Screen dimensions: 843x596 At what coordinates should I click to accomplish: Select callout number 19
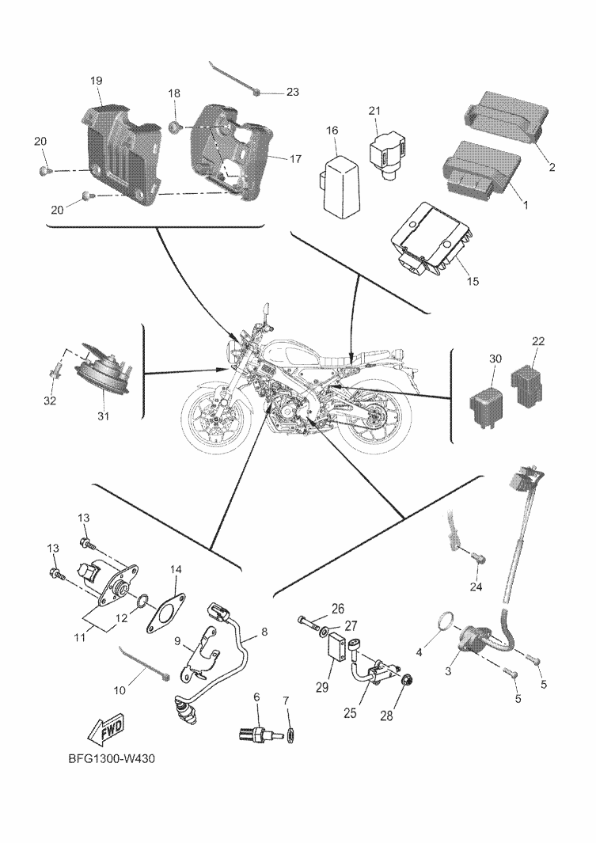coord(97,81)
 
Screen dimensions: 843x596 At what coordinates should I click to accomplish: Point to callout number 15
coord(473,279)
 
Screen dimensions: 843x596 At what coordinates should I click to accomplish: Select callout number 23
coord(292,93)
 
